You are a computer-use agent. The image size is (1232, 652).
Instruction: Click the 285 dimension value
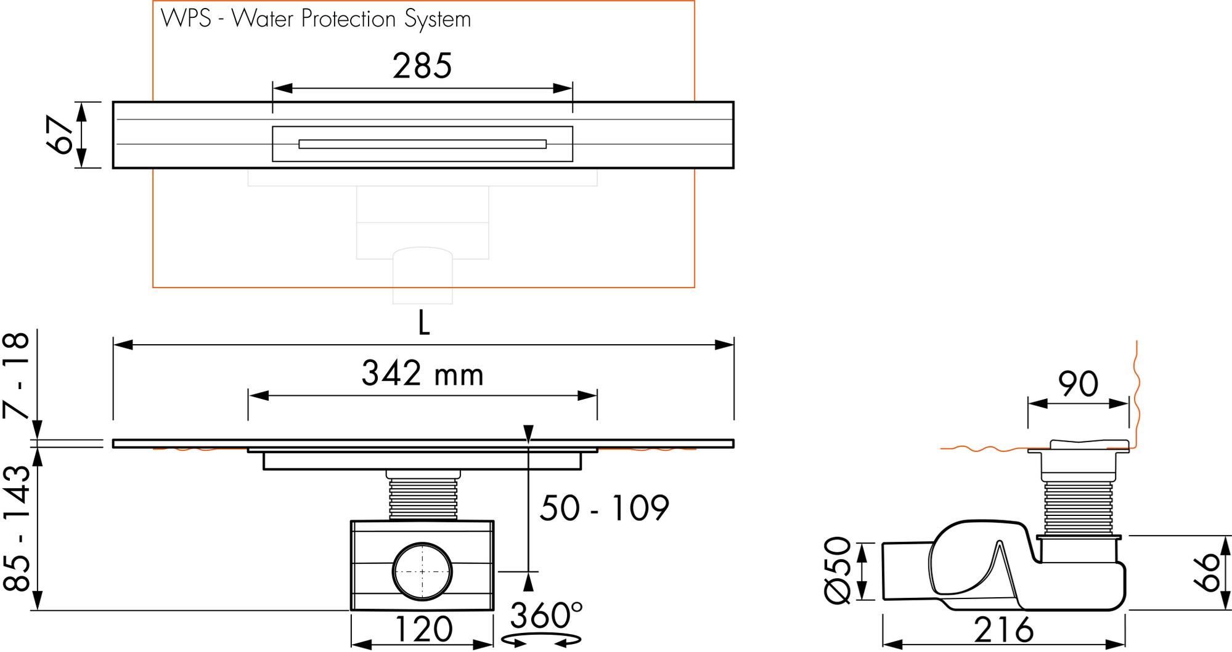point(422,66)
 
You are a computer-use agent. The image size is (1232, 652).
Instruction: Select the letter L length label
point(423,323)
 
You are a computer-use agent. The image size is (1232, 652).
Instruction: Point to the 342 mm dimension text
point(422,374)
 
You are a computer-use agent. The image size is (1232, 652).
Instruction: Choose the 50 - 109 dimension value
point(604,508)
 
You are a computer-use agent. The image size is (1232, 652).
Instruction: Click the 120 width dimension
point(423,629)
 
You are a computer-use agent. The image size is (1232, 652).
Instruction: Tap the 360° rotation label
point(546,616)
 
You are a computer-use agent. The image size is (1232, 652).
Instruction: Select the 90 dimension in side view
point(1078,384)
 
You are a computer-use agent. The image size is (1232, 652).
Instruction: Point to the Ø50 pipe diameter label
point(838,569)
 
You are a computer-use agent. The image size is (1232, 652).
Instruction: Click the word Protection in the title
point(348,19)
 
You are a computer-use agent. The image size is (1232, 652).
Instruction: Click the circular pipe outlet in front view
point(422,571)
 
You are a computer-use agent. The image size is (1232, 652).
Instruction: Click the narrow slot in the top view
point(422,144)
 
